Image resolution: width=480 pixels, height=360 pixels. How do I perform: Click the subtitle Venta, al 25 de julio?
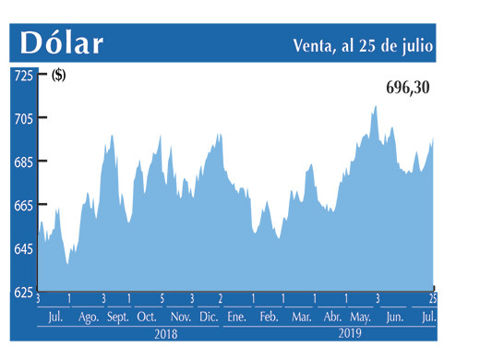click(x=363, y=44)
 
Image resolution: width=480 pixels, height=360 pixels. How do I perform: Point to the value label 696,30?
click(x=407, y=89)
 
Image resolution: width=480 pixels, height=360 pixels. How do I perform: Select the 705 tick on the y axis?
click(x=22, y=118)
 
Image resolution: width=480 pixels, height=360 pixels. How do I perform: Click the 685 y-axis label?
click(x=22, y=162)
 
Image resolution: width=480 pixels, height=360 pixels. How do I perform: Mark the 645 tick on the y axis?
click(x=22, y=249)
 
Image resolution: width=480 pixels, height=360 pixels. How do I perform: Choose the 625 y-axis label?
click(x=22, y=293)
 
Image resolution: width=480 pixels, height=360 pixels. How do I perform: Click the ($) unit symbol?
click(x=58, y=77)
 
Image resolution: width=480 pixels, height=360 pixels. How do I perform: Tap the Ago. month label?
click(x=89, y=318)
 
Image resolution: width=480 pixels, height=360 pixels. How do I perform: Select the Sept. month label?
click(x=118, y=318)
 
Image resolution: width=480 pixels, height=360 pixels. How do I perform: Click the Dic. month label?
click(x=207, y=318)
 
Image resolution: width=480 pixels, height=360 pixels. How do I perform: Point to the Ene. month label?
click(x=236, y=318)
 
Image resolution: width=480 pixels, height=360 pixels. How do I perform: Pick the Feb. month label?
click(x=269, y=318)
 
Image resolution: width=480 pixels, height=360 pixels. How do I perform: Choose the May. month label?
click(x=361, y=318)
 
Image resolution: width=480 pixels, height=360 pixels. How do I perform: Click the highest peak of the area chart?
click(x=375, y=106)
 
